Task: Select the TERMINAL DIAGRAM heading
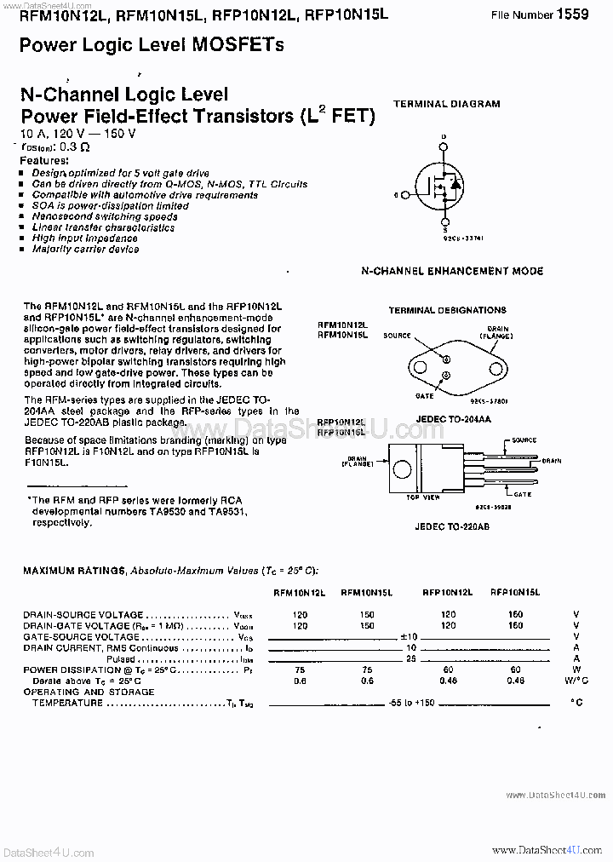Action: pos(446,104)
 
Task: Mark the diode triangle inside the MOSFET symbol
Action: pos(455,184)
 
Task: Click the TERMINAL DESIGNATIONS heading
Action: pos(447,310)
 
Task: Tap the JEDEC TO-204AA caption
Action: pos(447,419)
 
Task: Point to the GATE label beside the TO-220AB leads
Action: pos(522,494)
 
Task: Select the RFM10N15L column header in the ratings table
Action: pos(366,591)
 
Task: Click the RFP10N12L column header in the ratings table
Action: pos(448,591)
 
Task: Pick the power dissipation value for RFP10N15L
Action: pos(515,669)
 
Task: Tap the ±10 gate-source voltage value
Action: pos(409,636)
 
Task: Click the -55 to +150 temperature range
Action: pos(411,702)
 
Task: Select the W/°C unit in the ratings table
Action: pos(576,681)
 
